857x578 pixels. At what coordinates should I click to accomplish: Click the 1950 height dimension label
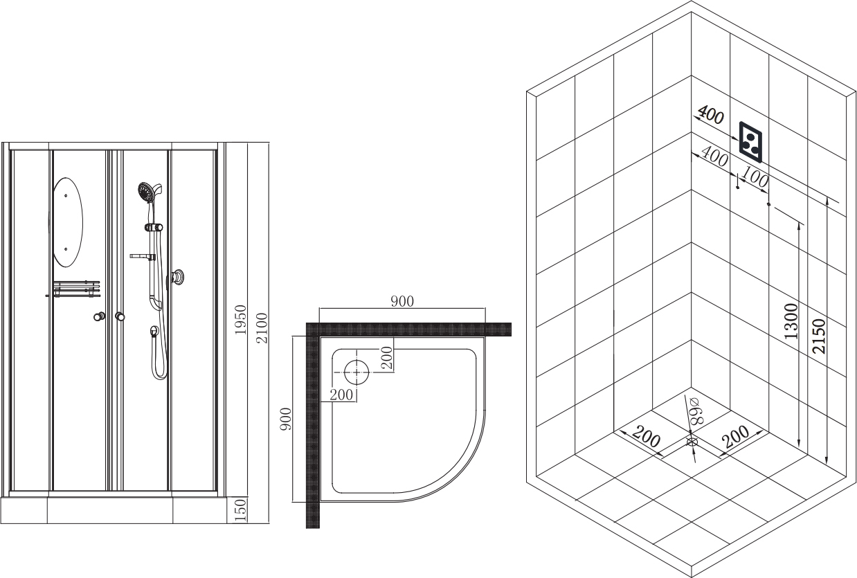241,319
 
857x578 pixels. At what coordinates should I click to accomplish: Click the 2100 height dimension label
262,328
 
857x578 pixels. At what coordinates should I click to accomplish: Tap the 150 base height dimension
241,509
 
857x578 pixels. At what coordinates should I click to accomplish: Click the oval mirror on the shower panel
67,222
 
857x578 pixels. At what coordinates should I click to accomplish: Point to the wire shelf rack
77,289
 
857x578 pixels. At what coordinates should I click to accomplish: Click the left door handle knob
100,316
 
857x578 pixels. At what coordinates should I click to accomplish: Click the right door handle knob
120,316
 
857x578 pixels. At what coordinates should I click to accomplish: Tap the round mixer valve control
177,278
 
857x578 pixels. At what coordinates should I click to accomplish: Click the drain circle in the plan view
357,372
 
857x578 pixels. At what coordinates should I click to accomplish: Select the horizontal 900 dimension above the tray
402,301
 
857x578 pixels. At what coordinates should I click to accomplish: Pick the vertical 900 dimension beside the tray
286,419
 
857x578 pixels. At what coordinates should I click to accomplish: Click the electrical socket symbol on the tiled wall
750,143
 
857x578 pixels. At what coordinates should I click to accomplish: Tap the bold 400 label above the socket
711,115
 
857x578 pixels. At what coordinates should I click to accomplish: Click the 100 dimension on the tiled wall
755,177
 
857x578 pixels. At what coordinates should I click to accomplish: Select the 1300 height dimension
791,321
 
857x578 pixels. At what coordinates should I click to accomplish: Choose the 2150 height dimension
819,336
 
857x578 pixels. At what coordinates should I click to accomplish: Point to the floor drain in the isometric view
692,442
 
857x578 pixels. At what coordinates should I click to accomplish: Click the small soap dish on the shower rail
142,256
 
